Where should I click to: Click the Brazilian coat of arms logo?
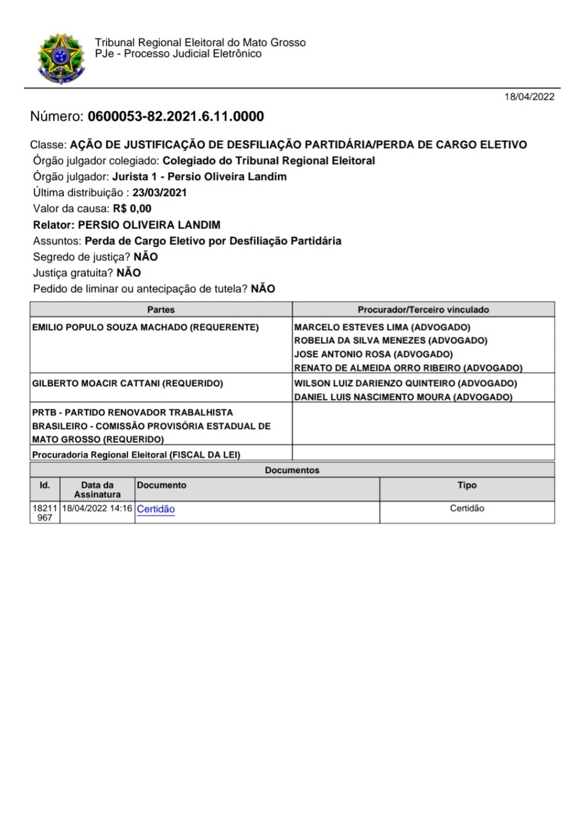click(x=61, y=58)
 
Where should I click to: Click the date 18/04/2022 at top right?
click(x=529, y=97)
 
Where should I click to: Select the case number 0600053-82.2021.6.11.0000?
click(x=175, y=116)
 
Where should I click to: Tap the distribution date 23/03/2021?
click(x=159, y=193)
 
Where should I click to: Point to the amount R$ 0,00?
click(x=132, y=209)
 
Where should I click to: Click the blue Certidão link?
click(x=156, y=510)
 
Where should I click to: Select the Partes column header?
click(x=161, y=310)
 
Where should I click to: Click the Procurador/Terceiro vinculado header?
click(x=423, y=310)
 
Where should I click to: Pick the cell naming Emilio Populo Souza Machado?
click(x=145, y=328)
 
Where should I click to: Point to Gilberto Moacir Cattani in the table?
click(x=127, y=384)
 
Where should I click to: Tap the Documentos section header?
click(x=292, y=470)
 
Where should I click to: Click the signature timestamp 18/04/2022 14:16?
click(x=97, y=509)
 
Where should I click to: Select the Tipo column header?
click(x=467, y=485)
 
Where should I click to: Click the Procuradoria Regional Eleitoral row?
click(x=136, y=455)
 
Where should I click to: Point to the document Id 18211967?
click(x=45, y=513)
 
